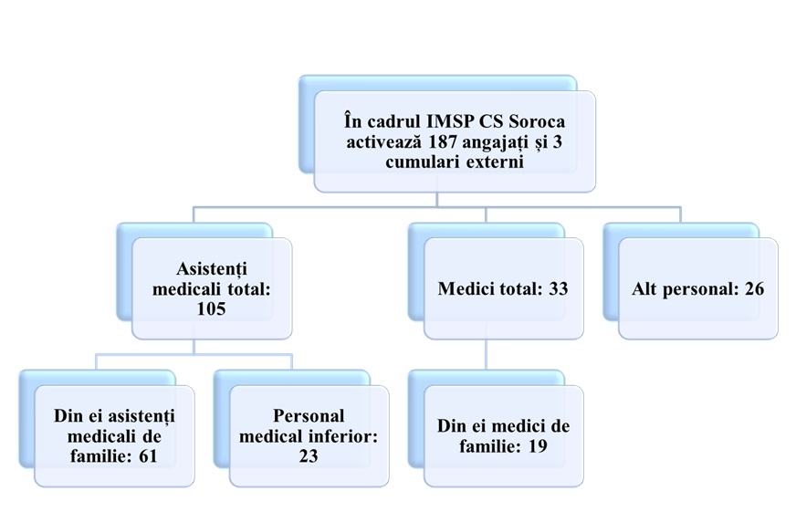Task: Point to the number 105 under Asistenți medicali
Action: [213, 309]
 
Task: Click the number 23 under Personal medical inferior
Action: [309, 455]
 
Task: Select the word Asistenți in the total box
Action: [212, 269]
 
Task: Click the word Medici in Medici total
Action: [466, 289]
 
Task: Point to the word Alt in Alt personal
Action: [645, 289]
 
